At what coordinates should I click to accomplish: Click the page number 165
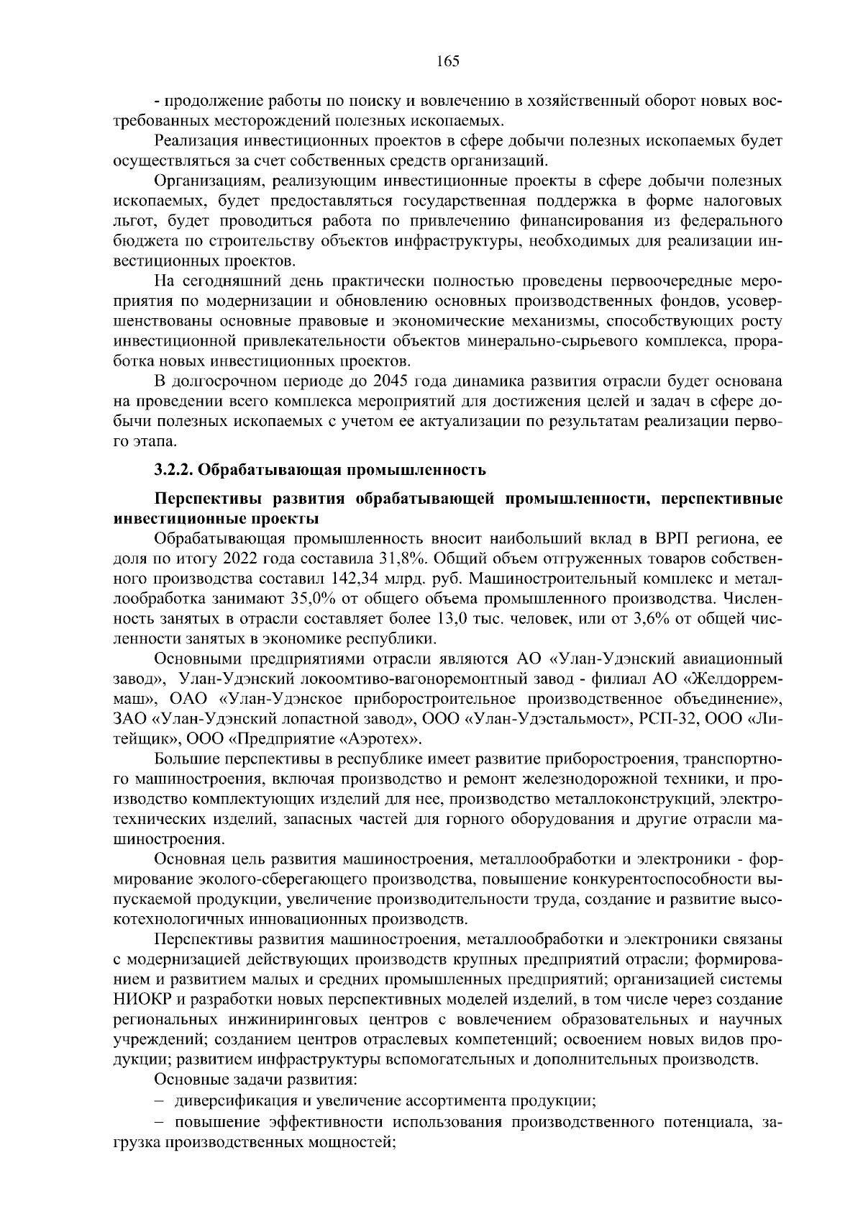[x=447, y=61]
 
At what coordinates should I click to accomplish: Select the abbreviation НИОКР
[x=139, y=1000]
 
